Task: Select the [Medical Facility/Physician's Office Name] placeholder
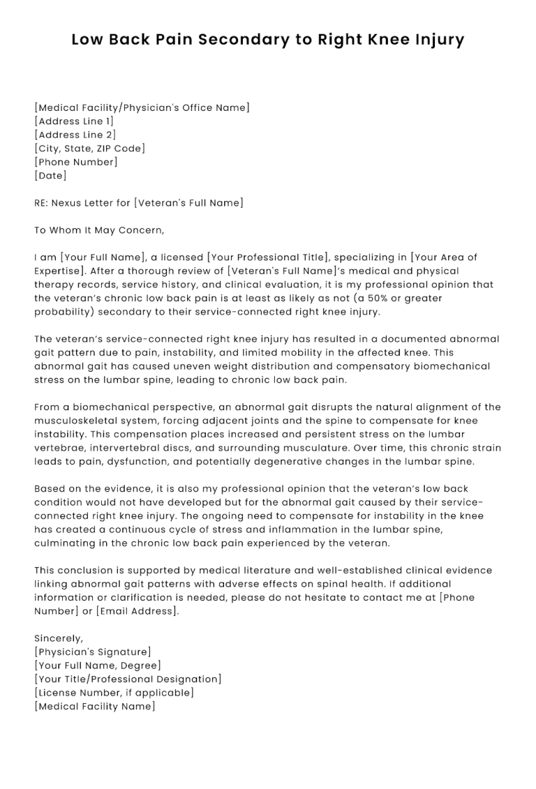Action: (x=142, y=107)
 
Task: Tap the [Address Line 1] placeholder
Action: (x=74, y=121)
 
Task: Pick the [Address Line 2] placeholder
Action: (x=75, y=135)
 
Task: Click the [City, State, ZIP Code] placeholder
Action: (x=90, y=148)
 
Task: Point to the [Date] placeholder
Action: (x=50, y=176)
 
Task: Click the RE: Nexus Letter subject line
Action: (x=139, y=203)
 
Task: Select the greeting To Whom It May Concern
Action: (x=99, y=230)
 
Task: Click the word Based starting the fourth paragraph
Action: (x=49, y=489)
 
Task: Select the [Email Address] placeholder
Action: (x=137, y=611)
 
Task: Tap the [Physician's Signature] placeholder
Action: (x=92, y=652)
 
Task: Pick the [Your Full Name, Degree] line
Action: (x=98, y=666)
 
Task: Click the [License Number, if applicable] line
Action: (x=114, y=693)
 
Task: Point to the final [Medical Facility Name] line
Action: (x=94, y=707)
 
